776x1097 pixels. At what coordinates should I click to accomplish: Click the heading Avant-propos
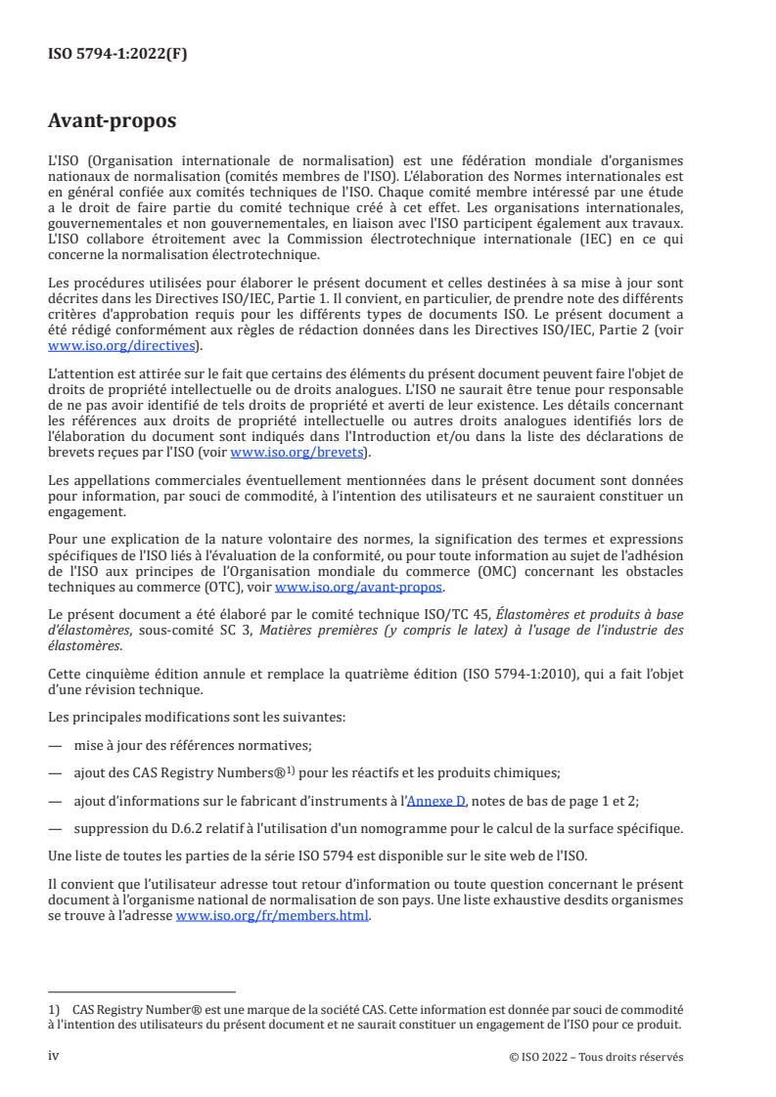(113, 123)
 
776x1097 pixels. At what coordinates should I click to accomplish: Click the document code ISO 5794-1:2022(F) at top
(117, 55)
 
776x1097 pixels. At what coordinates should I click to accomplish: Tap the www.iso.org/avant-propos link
(359, 588)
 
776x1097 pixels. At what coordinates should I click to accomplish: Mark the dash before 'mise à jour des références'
(56, 745)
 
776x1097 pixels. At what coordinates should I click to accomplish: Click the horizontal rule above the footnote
(142, 991)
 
